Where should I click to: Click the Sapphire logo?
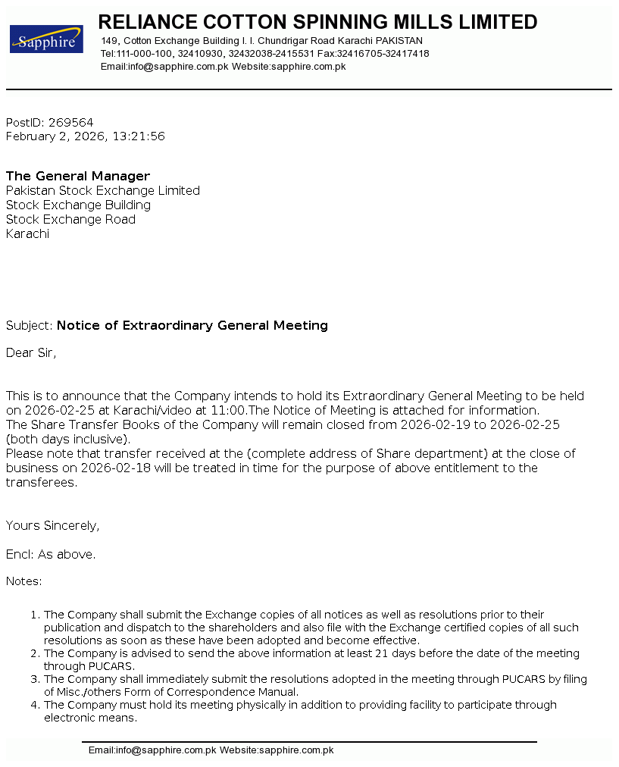[x=46, y=39]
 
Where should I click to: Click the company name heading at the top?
[x=317, y=22]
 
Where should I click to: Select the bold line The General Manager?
[x=78, y=176]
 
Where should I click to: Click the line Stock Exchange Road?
[x=70, y=219]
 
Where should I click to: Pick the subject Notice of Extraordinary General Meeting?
[x=192, y=325]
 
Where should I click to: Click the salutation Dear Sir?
[x=31, y=352]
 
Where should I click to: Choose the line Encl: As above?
[x=51, y=554]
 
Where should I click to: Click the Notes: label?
[x=24, y=581]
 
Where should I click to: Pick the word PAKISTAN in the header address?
[x=399, y=41]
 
